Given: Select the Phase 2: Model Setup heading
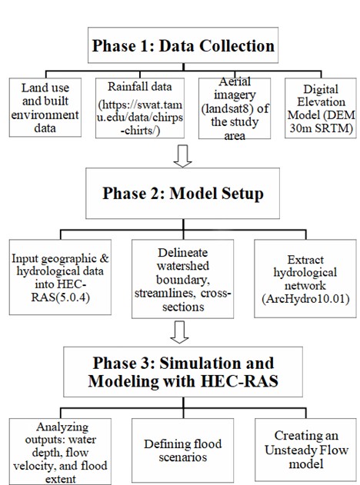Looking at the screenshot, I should click(182, 192).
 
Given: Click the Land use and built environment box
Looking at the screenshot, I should click(46, 110).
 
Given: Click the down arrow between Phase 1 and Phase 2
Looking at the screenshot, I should click(182, 157).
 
